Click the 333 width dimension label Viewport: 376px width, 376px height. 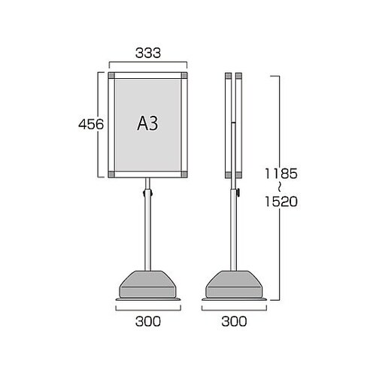click(x=148, y=53)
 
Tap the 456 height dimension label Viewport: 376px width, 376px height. click(x=91, y=124)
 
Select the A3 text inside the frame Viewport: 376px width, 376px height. click(x=148, y=123)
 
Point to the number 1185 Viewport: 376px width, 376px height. click(x=281, y=174)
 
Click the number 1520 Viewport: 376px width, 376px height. click(x=281, y=202)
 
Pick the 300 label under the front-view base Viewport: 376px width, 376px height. click(x=148, y=321)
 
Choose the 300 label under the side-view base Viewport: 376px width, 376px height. click(x=234, y=321)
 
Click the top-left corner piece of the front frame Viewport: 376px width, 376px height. click(x=111, y=75)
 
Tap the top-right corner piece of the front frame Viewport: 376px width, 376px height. click(x=184, y=75)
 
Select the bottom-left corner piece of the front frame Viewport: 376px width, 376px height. click(x=111, y=174)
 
